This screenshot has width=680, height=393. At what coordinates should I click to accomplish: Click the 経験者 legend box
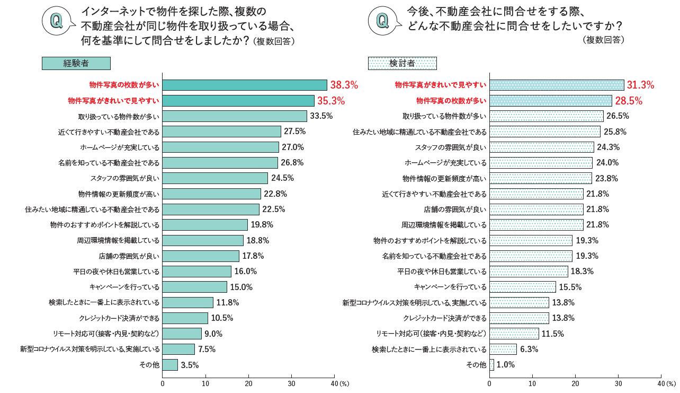(76, 64)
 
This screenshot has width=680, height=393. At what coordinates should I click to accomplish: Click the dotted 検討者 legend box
(402, 64)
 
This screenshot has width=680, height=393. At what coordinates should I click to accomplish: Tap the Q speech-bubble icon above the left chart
(56, 21)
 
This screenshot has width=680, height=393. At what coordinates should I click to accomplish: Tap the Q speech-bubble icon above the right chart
(382, 21)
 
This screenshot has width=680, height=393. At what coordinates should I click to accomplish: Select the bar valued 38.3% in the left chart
(245, 85)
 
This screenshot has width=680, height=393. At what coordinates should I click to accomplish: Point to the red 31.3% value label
(640, 85)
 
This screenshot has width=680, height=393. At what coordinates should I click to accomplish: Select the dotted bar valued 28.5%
(551, 101)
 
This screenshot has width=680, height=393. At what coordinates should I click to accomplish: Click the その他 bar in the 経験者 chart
(170, 365)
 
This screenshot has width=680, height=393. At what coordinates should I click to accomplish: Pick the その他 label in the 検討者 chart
(476, 365)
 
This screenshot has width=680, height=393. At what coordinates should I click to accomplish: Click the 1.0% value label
(505, 365)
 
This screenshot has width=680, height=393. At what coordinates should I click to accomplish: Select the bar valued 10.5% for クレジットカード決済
(185, 318)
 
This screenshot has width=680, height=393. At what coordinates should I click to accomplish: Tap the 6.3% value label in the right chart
(529, 350)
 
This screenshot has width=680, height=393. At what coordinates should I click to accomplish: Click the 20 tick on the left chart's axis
(248, 383)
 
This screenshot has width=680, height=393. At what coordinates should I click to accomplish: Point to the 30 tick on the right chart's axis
(618, 383)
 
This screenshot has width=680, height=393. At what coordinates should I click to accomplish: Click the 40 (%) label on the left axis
(339, 383)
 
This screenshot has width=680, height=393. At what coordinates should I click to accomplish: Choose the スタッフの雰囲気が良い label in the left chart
(124, 178)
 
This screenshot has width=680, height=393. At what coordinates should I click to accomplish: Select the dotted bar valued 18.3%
(529, 272)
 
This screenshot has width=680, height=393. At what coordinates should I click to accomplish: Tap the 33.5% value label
(321, 116)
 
